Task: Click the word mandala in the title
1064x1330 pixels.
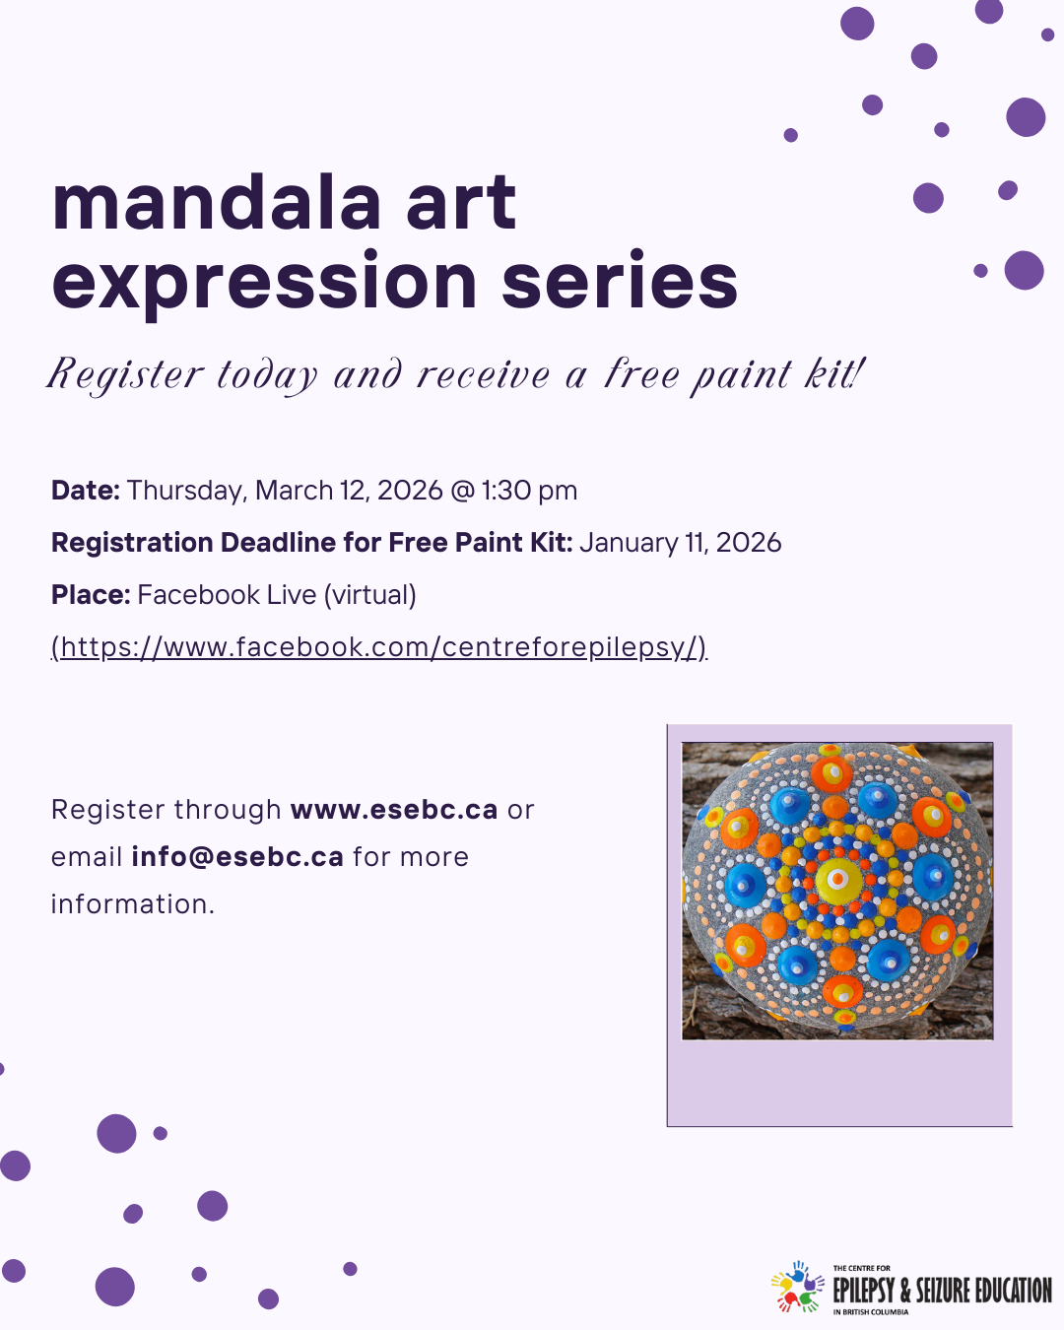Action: pos(216,202)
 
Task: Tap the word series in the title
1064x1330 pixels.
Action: pos(620,281)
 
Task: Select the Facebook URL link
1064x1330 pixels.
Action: pos(379,647)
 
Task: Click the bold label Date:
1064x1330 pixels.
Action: pos(86,491)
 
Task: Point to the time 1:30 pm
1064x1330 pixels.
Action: pos(529,491)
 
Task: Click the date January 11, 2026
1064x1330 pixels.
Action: pos(680,543)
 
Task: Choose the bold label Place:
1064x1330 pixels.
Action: pos(91,595)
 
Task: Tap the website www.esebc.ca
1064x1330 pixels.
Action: pos(394,810)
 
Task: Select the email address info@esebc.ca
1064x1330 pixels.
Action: pos(237,857)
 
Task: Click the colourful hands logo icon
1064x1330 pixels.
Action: pos(797,1287)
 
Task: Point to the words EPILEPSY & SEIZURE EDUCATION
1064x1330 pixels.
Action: pos(942,1291)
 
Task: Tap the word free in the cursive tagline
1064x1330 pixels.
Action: pos(641,375)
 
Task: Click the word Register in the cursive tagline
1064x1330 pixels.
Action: pos(125,375)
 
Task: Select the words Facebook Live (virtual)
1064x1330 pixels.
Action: pos(277,595)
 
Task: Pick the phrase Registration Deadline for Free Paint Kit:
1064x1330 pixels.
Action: pos(311,543)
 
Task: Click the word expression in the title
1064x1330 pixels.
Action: pos(265,281)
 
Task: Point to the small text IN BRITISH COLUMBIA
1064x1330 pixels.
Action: pos(871,1312)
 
